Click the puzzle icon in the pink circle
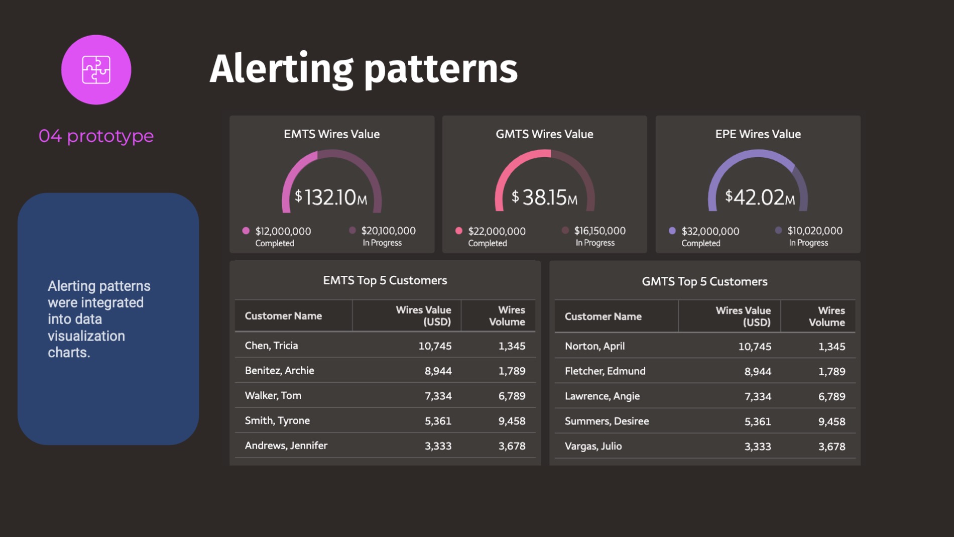(96, 70)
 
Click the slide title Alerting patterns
(364, 69)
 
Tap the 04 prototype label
(96, 136)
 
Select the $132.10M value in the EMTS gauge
(331, 197)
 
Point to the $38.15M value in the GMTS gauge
(545, 197)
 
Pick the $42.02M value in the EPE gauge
(759, 197)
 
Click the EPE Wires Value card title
(758, 134)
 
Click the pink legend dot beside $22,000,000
(459, 231)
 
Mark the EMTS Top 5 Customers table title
(385, 280)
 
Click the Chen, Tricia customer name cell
(271, 346)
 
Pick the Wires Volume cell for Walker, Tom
(512, 396)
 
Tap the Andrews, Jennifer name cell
(286, 446)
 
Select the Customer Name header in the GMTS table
(603, 316)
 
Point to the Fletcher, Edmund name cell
(605, 371)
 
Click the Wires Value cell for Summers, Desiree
(757, 421)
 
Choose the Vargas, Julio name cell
(593, 446)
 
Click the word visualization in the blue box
(86, 336)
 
